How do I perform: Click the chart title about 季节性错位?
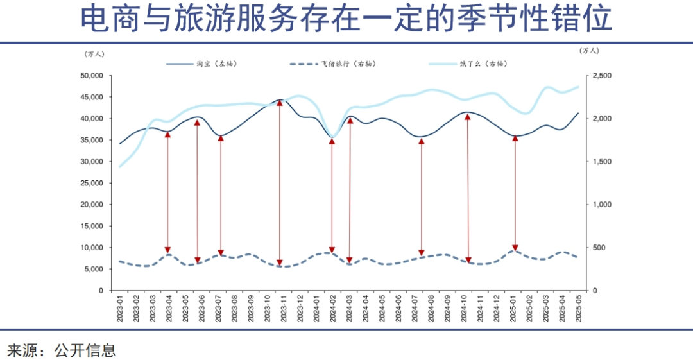click(346, 19)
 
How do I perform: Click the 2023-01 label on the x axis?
click(120, 310)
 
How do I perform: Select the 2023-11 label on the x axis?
click(280, 310)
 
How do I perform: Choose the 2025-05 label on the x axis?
click(579, 310)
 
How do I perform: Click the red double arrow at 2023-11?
click(280, 182)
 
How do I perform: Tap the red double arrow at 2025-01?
click(515, 193)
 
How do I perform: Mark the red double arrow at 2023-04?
click(167, 193)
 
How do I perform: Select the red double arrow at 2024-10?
click(468, 189)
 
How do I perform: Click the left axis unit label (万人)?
click(94, 53)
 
